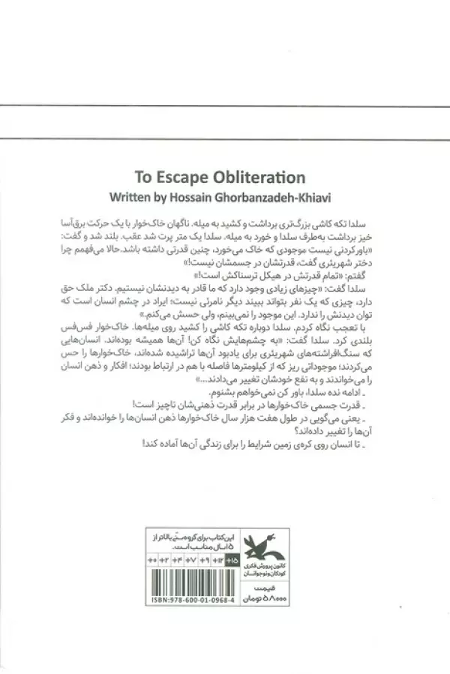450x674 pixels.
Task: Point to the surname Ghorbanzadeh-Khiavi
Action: pos(271,199)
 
